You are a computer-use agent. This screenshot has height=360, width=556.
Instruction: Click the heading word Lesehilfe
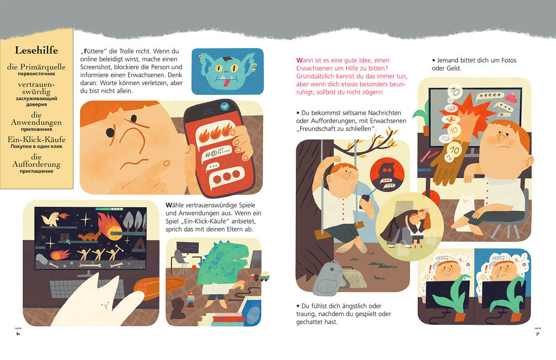(x=36, y=50)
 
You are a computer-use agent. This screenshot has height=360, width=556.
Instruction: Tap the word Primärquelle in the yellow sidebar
(x=43, y=67)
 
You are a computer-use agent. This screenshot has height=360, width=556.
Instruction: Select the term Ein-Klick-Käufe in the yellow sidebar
(x=37, y=139)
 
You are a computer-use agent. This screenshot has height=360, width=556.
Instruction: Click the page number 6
(x=18, y=333)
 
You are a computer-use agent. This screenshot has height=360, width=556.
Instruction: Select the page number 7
(x=538, y=333)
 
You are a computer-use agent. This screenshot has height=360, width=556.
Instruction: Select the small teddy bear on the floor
(x=177, y=308)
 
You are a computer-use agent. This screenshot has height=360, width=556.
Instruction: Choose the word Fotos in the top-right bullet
(x=509, y=60)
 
